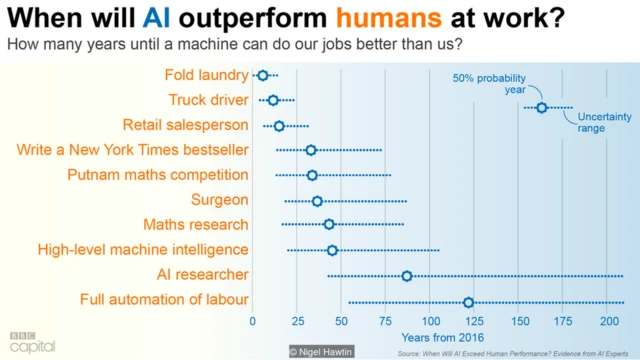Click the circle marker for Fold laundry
263,75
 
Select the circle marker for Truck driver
273,100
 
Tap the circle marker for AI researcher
407,275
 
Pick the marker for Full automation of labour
468,301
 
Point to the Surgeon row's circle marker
317,201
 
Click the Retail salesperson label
185,125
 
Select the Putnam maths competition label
157,175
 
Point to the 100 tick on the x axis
431,322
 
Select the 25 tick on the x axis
297,322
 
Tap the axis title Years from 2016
442,337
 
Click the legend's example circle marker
542,107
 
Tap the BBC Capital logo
32,341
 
